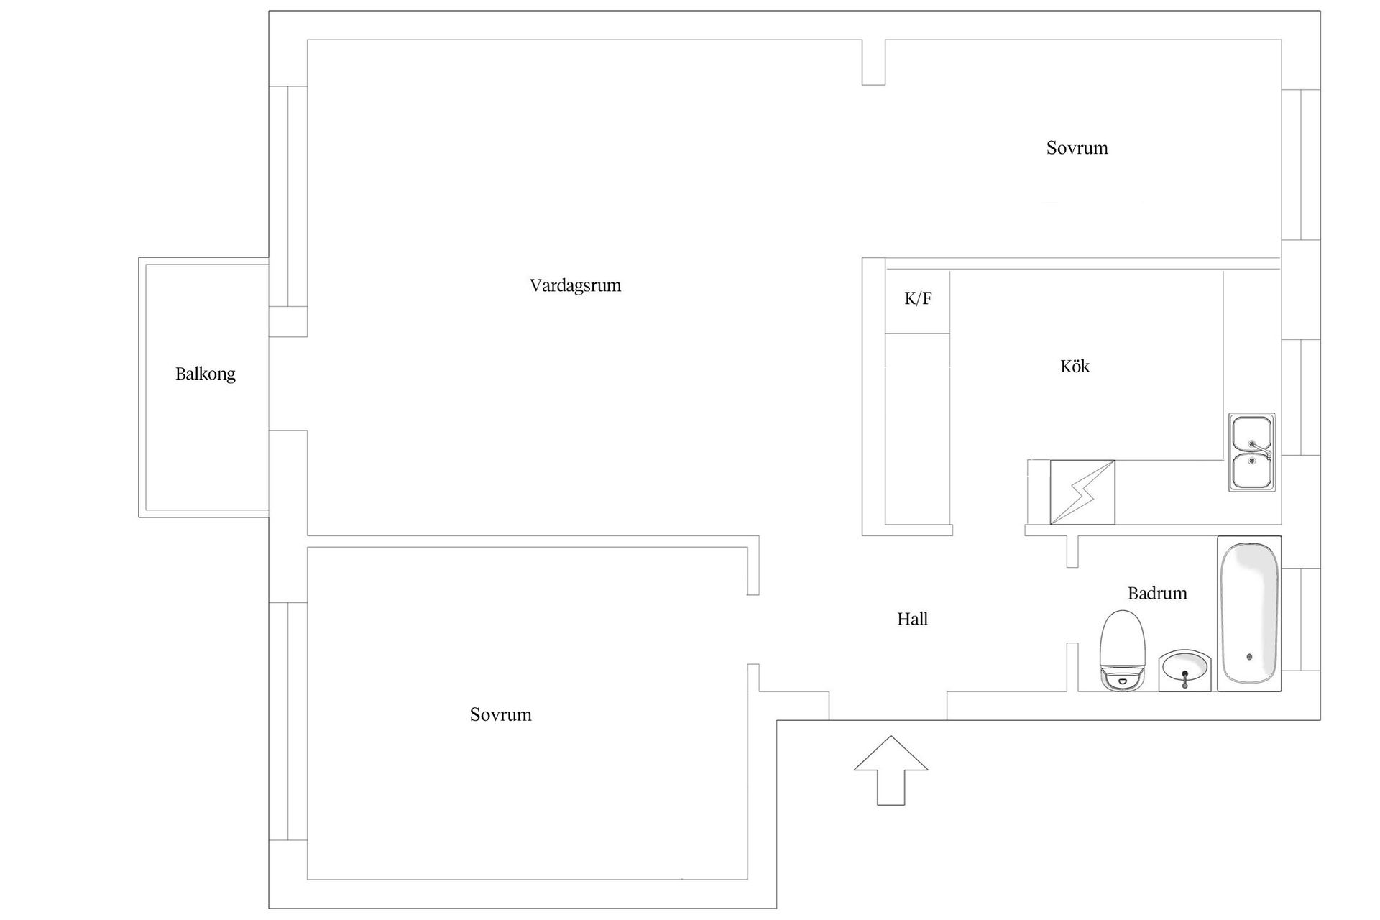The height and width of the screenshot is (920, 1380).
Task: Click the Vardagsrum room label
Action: (x=575, y=285)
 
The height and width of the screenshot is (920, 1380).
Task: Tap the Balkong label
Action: (x=206, y=374)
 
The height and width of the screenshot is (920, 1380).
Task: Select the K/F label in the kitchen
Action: (x=918, y=298)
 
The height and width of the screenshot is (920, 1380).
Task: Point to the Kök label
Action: (x=1075, y=366)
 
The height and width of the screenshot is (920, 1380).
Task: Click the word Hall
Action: (x=912, y=619)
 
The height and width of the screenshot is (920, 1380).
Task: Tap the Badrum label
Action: (x=1157, y=593)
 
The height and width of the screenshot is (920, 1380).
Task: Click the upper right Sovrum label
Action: (x=1077, y=148)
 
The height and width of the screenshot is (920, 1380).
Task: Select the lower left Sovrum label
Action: (x=501, y=714)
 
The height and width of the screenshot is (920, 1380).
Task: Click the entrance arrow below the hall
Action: (x=891, y=770)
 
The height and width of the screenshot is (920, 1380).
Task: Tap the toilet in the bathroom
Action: (x=1122, y=651)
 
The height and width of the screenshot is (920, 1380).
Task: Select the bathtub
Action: (x=1249, y=614)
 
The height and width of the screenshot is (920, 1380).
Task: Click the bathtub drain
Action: (x=1249, y=657)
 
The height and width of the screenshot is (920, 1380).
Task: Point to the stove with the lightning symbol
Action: (x=1082, y=492)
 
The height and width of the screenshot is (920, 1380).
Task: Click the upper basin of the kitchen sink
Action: (x=1251, y=434)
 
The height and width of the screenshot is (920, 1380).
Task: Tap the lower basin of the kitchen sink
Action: (x=1251, y=471)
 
